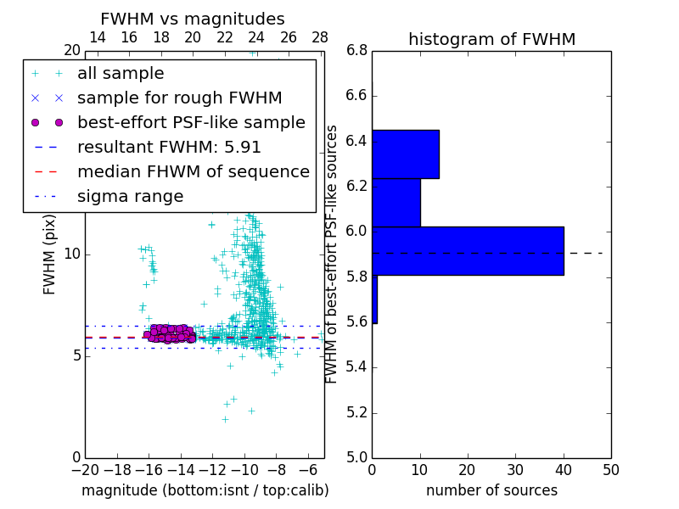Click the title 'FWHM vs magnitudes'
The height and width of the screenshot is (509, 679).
[192, 19]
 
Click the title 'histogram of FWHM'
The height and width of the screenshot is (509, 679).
[491, 39]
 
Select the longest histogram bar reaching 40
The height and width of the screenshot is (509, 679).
[468, 250]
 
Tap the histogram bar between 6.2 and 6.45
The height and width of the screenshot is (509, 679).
[405, 154]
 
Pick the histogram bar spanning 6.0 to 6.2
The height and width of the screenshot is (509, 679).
[396, 203]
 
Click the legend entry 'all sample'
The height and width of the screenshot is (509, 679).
[121, 74]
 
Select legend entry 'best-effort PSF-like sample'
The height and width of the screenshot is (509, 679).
[191, 122]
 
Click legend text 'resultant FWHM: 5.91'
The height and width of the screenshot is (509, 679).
[169, 147]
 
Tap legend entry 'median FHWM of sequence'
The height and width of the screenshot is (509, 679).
[193, 171]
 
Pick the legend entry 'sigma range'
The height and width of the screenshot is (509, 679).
[130, 196]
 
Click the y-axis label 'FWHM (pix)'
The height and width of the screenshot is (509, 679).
[50, 255]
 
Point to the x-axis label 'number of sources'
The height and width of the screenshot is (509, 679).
[491, 490]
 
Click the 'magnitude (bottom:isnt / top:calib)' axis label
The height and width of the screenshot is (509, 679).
[205, 490]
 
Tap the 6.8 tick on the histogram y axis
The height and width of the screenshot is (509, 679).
[356, 51]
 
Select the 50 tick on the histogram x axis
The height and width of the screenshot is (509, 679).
[610, 469]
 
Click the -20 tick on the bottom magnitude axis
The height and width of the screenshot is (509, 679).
[85, 469]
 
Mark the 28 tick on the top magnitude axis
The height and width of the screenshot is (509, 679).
[320, 37]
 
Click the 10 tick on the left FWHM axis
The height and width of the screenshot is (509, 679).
[72, 255]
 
